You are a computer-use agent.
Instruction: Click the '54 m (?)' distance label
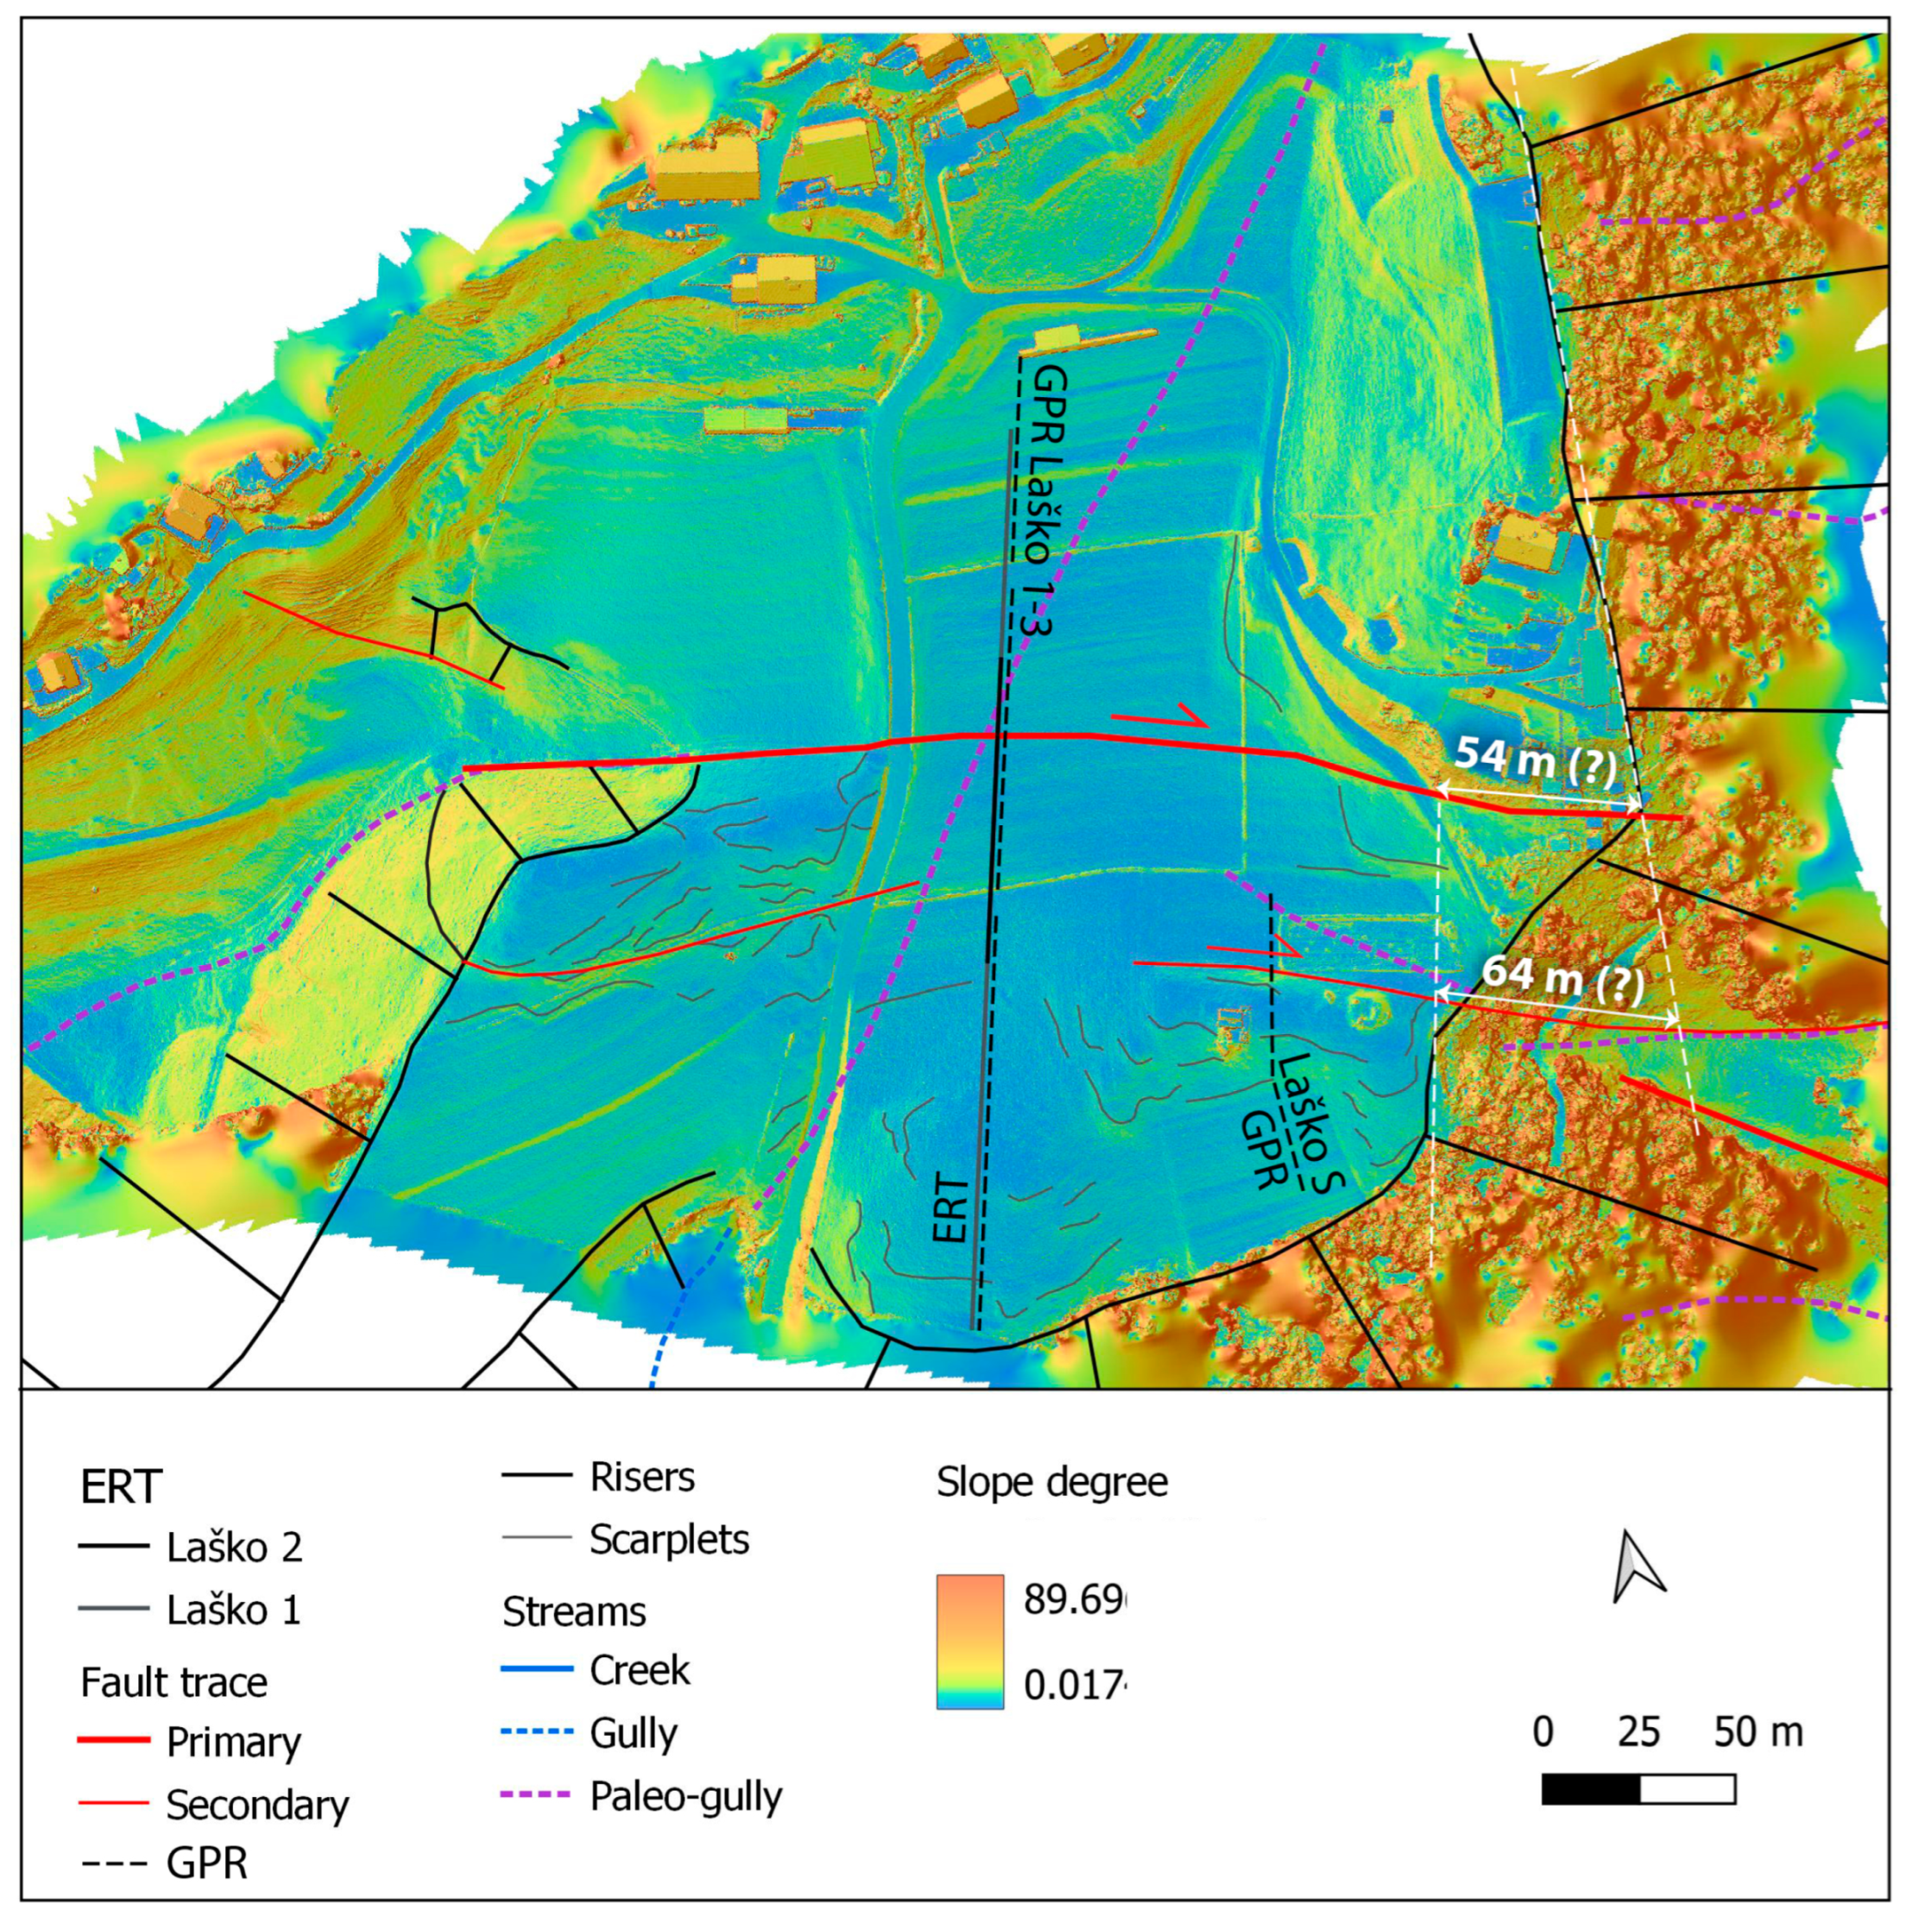point(1534,760)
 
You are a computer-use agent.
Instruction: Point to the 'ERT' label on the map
point(950,1208)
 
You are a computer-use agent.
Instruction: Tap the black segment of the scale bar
point(1589,1788)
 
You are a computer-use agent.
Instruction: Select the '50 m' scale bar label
point(1758,1733)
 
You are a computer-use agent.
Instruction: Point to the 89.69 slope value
point(1075,1600)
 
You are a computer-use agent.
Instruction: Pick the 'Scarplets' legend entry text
point(669,1540)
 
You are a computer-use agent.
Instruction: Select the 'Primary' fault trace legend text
point(234,1743)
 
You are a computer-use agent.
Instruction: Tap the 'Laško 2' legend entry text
point(234,1547)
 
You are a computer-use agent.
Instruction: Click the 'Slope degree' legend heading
point(1052,1483)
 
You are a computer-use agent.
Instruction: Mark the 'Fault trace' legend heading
point(174,1682)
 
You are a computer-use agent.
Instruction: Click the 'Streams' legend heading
point(574,1611)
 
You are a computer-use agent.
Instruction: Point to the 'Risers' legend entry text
point(642,1477)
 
